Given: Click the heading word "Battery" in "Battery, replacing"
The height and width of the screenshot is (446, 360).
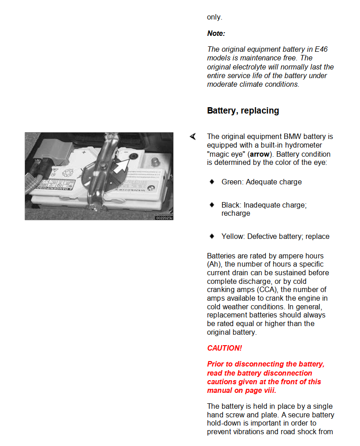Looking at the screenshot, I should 221,111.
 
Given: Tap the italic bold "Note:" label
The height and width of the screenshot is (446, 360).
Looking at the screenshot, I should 216,34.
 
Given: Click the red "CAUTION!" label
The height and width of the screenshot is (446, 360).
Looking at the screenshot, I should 224,348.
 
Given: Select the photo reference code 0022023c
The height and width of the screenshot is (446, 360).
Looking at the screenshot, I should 164,218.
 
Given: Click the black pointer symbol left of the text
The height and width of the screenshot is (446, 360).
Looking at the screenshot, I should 193,136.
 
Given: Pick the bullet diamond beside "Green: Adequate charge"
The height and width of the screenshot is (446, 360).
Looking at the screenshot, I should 212,182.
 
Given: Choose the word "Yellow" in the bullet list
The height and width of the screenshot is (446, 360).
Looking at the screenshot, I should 233,237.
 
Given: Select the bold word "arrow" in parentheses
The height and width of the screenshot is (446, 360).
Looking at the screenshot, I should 260,154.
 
